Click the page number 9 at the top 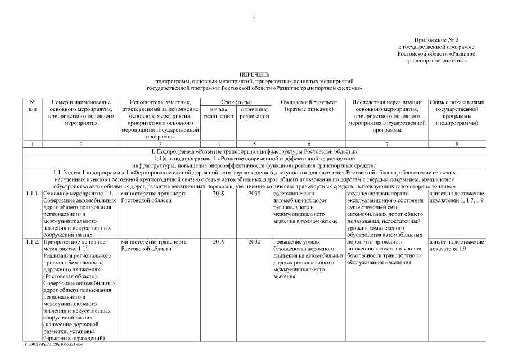254,17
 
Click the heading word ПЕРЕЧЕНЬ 254,74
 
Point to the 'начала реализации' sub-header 218,112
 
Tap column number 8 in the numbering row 456,145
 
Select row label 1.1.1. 33,193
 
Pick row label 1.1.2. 33,242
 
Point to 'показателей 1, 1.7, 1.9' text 456,200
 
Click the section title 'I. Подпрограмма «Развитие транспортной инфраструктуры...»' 254,152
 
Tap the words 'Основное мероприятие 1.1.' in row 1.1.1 78,193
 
